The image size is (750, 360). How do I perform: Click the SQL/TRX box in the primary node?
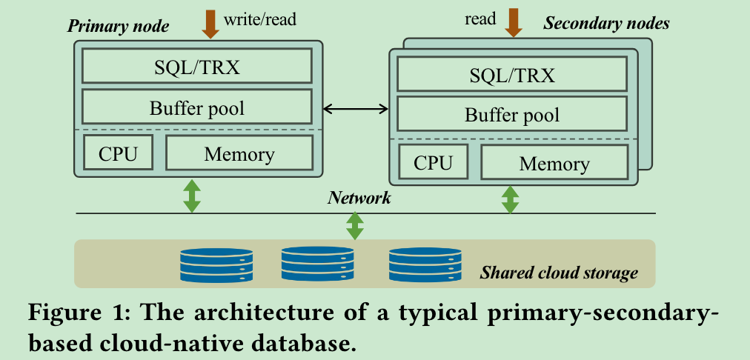197,67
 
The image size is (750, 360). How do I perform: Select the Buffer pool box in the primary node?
197,107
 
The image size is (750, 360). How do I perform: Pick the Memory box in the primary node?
239,153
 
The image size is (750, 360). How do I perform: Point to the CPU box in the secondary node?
433,162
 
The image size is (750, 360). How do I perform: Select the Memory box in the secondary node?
554,162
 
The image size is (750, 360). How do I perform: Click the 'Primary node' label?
119,27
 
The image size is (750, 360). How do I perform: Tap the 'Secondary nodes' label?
606,23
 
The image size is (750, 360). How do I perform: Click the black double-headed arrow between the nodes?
356,110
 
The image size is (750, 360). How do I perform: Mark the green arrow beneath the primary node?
192,196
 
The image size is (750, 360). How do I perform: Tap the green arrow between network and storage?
355,226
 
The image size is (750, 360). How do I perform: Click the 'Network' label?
359,199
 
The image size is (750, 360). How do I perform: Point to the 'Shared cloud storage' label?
559,273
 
